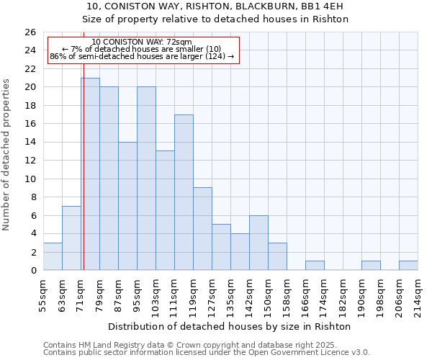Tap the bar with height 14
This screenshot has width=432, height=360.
pos(127,206)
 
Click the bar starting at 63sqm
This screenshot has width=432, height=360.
pos(71,238)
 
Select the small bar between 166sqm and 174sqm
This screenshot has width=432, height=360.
pos(315,266)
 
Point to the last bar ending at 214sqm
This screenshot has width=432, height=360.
pos(408,266)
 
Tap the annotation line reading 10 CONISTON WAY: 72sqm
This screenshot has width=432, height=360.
pos(142,42)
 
